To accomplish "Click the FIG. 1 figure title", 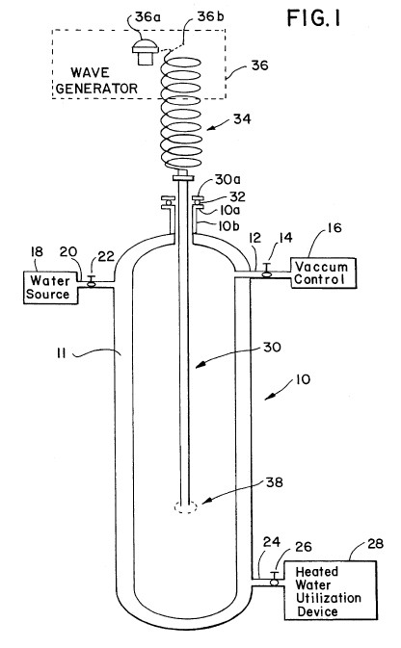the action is (313, 18).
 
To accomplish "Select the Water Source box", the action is (50, 288).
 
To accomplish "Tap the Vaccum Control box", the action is (323, 272).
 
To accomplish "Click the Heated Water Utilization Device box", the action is (331, 590).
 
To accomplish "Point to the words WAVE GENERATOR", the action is (96, 81).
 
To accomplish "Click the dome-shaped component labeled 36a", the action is (146, 52).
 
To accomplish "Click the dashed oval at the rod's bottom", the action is (186, 507).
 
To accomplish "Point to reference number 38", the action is (274, 482).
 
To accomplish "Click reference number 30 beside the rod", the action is (272, 347).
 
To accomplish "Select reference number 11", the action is (62, 353).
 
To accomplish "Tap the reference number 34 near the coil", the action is (242, 118).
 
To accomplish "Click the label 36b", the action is (211, 17).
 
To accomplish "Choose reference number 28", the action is (375, 543).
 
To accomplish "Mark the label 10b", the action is (228, 226).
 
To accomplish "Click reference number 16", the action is (334, 227).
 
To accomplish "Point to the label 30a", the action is (227, 180).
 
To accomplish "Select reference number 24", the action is (272, 542).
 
